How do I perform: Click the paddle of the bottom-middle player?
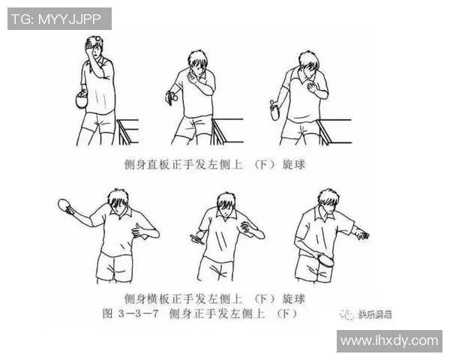pos(198,238)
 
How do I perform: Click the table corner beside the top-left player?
pos(127,130)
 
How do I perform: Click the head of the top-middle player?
pos(198,64)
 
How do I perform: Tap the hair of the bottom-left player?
pos(118,199)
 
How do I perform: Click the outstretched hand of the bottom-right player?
pos(363,235)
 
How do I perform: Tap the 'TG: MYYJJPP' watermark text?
pos(59,19)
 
